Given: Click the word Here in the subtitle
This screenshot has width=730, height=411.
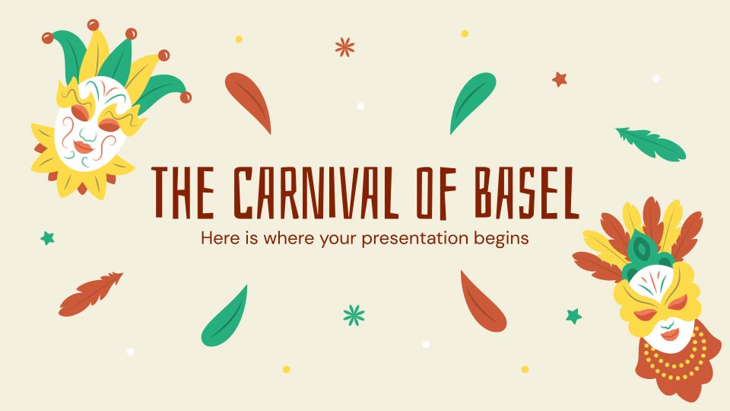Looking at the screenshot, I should click(x=219, y=237).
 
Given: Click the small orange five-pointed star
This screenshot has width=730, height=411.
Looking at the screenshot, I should click(x=560, y=78).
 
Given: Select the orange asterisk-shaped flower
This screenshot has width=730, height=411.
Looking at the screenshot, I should click(x=345, y=47).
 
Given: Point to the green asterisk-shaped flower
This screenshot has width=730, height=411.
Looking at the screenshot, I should click(x=354, y=314).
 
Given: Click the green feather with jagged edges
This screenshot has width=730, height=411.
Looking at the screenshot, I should click(x=650, y=143).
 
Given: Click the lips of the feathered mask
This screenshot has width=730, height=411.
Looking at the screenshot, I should click(x=669, y=334).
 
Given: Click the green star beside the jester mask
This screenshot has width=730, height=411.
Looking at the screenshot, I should click(x=48, y=238).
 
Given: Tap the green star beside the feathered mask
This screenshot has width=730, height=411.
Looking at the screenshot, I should click(x=573, y=315).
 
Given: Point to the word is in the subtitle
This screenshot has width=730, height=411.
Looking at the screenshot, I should click(x=249, y=237).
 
